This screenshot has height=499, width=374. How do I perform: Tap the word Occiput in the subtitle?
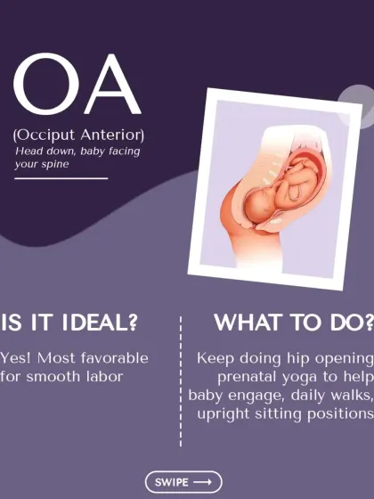click(x=45, y=135)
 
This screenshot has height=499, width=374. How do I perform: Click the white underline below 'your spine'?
click(x=61, y=178)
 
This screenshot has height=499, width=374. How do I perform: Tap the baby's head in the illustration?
click(x=260, y=205)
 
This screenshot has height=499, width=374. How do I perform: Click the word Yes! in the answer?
click(x=15, y=358)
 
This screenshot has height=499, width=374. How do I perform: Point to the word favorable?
click(x=115, y=358)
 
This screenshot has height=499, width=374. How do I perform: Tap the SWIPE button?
click(x=183, y=482)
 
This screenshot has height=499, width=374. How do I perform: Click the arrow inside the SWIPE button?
click(x=202, y=482)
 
